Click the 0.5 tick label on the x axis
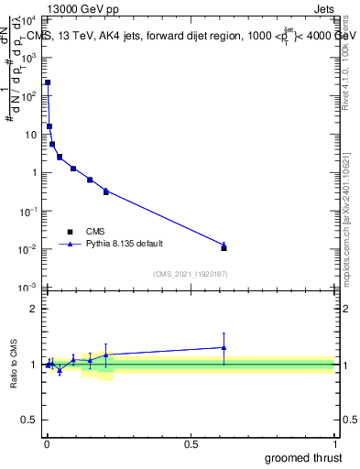point(191,443)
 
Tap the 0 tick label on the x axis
point(48,443)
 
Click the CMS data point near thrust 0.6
point(224,247)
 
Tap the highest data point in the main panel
point(48,82)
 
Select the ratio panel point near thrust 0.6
point(224,347)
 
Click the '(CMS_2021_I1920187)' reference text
point(190,273)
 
